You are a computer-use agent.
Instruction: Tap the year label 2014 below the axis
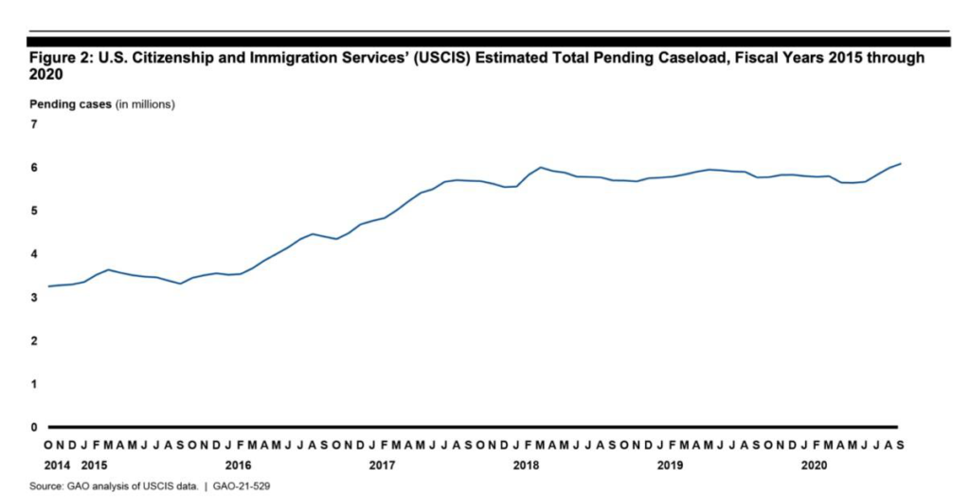coord(58,465)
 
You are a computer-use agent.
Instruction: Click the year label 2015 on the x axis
coord(94,465)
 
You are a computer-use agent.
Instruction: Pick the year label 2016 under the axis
coord(238,465)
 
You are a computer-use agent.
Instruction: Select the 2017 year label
coord(382,465)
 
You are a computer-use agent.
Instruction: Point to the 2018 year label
coord(526,465)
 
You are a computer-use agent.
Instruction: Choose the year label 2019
coord(670,465)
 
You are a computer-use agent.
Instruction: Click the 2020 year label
coord(814,465)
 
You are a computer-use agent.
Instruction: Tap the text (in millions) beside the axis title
coord(145,103)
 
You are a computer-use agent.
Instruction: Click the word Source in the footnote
coord(46,485)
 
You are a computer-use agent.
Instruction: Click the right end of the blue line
coord(900,164)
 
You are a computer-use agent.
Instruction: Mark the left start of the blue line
coord(48,286)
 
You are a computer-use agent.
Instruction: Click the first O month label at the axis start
coord(48,444)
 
